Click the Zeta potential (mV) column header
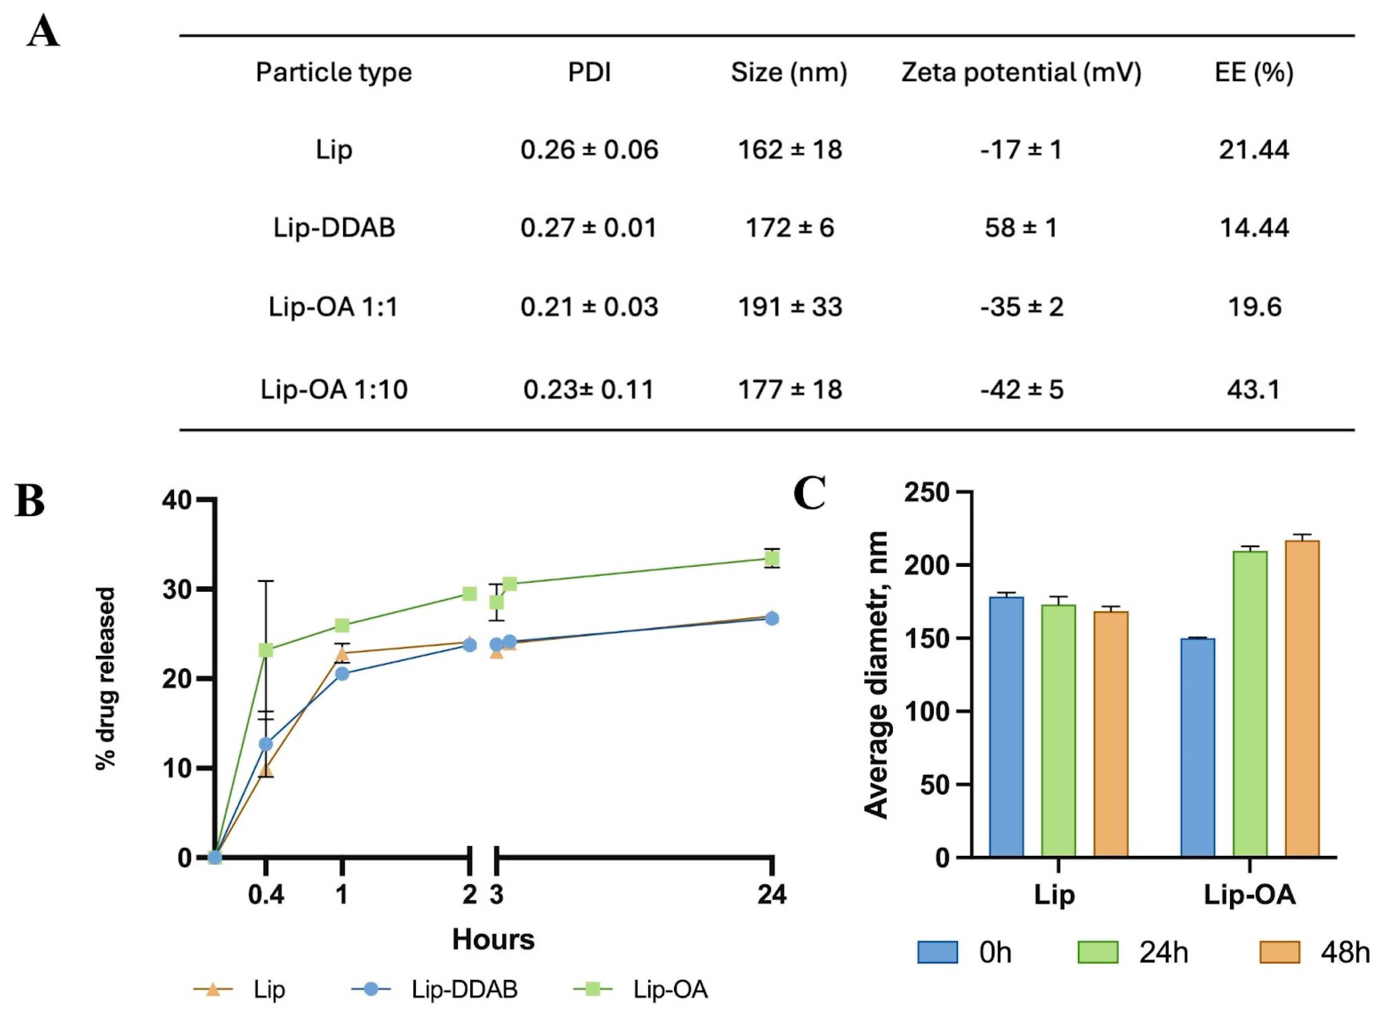(1021, 73)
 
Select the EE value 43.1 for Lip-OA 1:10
(1254, 390)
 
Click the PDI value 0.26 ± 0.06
(589, 150)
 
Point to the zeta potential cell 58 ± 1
(1021, 228)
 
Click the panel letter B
(30, 501)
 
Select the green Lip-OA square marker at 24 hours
(772, 558)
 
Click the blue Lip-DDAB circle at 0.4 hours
(265, 744)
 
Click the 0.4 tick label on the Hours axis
(265, 895)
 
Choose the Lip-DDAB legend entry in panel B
(464, 989)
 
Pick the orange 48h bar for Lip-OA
(1301, 699)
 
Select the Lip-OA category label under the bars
(1249, 895)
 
